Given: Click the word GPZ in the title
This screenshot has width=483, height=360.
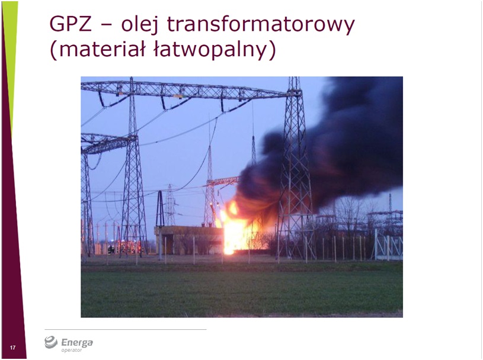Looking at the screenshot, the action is click(x=71, y=24).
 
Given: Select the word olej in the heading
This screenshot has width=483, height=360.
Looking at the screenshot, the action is click(x=140, y=24).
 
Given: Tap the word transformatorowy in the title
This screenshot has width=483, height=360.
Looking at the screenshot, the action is click(x=261, y=25).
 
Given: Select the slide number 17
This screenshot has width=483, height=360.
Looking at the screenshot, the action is click(x=12, y=348).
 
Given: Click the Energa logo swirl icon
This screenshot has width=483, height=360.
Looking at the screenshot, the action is click(x=51, y=342).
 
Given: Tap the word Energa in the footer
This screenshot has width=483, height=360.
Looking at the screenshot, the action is click(x=76, y=342).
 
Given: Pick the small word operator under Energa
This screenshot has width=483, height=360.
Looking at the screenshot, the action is click(x=72, y=350).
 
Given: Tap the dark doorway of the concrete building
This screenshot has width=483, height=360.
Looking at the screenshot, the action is click(x=167, y=244).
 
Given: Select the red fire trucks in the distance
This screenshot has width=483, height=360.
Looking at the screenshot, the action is click(x=129, y=247).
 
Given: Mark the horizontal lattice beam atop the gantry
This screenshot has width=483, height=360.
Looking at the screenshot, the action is click(x=188, y=91).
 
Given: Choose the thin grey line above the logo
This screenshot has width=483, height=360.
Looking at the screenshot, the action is click(x=126, y=329).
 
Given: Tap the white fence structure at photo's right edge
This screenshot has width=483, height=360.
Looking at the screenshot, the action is click(x=389, y=245).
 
